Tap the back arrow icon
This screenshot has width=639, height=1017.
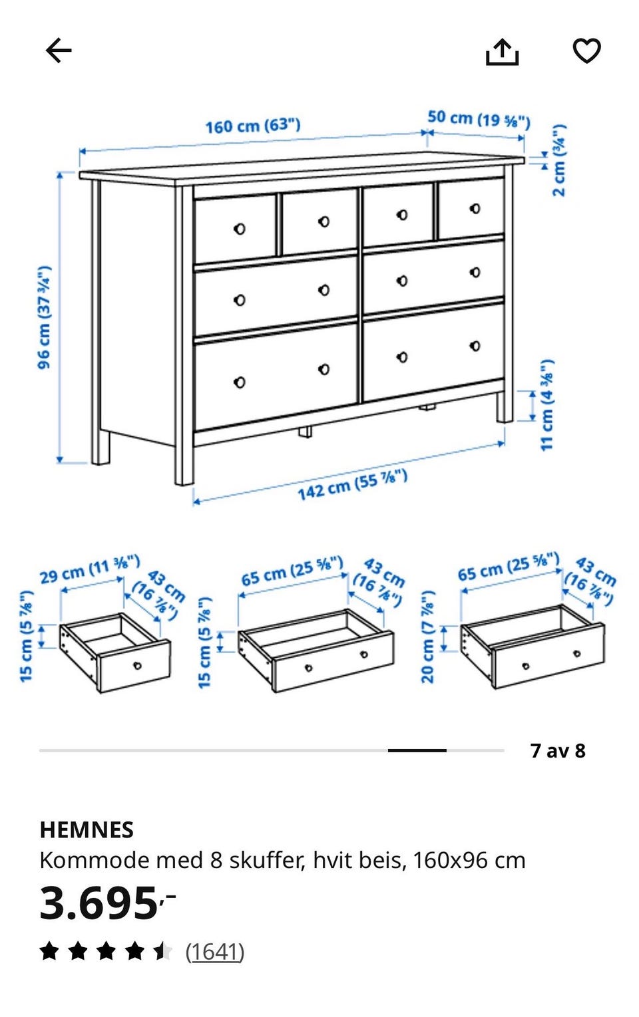[59, 50]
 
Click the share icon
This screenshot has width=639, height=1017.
[502, 52]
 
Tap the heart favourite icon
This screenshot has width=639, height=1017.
[586, 51]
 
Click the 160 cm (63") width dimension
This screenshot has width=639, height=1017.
[253, 126]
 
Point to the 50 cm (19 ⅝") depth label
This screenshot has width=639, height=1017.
[479, 119]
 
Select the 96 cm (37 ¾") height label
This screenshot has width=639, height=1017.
[44, 317]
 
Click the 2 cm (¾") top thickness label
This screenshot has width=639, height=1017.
[559, 160]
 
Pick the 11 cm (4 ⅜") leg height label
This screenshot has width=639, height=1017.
[546, 405]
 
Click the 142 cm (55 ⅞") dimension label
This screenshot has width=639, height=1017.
[352, 485]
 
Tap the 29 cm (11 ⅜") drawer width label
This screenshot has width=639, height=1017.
[90, 569]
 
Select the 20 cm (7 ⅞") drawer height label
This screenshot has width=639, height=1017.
[428, 637]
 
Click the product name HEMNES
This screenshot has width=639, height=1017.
[87, 830]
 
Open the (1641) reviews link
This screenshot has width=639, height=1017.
[214, 952]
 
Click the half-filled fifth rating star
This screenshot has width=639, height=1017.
[162, 952]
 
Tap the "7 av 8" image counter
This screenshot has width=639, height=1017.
[558, 751]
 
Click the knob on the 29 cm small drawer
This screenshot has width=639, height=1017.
[137, 666]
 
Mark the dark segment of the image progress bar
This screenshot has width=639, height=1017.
[417, 750]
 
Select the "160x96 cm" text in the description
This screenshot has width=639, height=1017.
[469, 861]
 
